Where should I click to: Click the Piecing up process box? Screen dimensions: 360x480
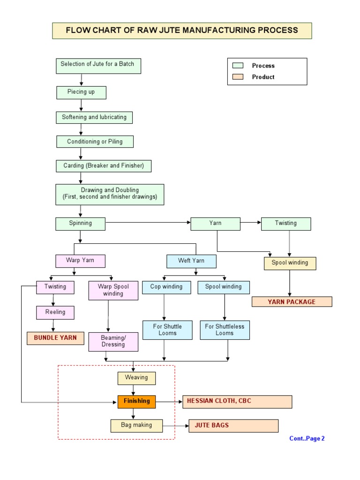pos(81,92)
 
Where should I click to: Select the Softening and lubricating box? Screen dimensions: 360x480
pos(94,118)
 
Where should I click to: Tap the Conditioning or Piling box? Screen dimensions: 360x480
pos(95,142)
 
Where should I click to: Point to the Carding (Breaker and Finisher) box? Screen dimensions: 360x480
pos(104,166)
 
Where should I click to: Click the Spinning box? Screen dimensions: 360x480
pos(80,224)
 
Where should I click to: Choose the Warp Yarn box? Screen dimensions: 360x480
pos(80,261)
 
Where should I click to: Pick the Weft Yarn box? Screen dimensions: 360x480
pos(191,261)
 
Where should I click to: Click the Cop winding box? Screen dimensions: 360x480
pos(166,287)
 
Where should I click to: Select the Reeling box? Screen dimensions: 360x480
pos(55,313)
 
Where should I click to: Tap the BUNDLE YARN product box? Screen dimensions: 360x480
pos(55,338)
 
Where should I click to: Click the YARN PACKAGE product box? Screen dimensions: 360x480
pos(292,302)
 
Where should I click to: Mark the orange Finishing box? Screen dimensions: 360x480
pos(136,402)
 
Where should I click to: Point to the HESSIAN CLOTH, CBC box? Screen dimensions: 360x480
pos(237,402)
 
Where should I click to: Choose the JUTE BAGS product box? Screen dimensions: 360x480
pos(233,426)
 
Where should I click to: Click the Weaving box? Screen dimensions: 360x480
pos(136,378)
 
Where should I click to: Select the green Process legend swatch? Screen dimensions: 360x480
pos(238,66)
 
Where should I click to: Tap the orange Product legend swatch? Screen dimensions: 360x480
pos(238,77)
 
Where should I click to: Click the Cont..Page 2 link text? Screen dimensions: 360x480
pos(307,438)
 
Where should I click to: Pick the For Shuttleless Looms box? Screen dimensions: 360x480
pos(225,330)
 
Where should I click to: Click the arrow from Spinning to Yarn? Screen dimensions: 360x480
pos(148,223)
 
